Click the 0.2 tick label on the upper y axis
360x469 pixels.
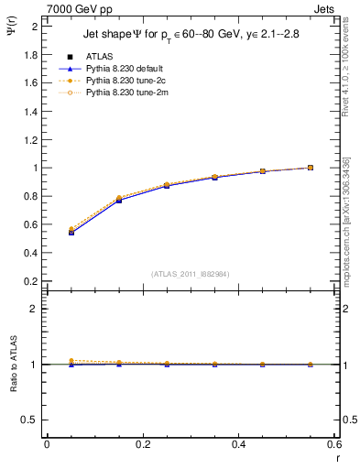click(31, 281)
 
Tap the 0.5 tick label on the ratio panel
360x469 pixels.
click(31, 420)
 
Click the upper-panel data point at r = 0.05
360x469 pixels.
click(71, 232)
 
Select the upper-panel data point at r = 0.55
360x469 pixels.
click(311, 168)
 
